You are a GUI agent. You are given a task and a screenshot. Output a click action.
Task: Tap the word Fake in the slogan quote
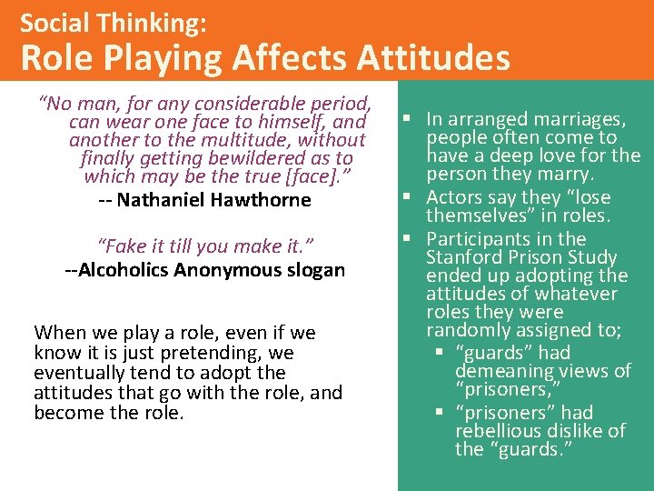(121, 246)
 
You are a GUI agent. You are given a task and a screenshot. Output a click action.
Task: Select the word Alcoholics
(121, 270)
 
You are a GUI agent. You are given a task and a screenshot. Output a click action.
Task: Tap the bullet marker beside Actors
(414, 197)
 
